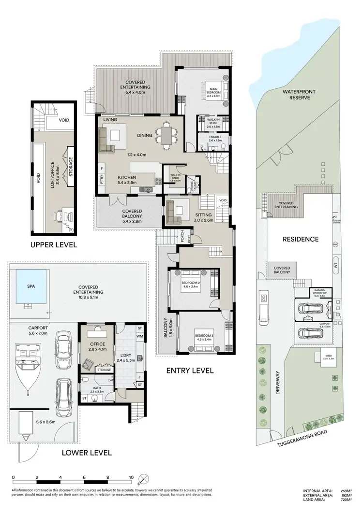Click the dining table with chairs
click(166, 136)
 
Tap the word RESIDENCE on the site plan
click(300, 239)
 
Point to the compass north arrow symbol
click(143, 480)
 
